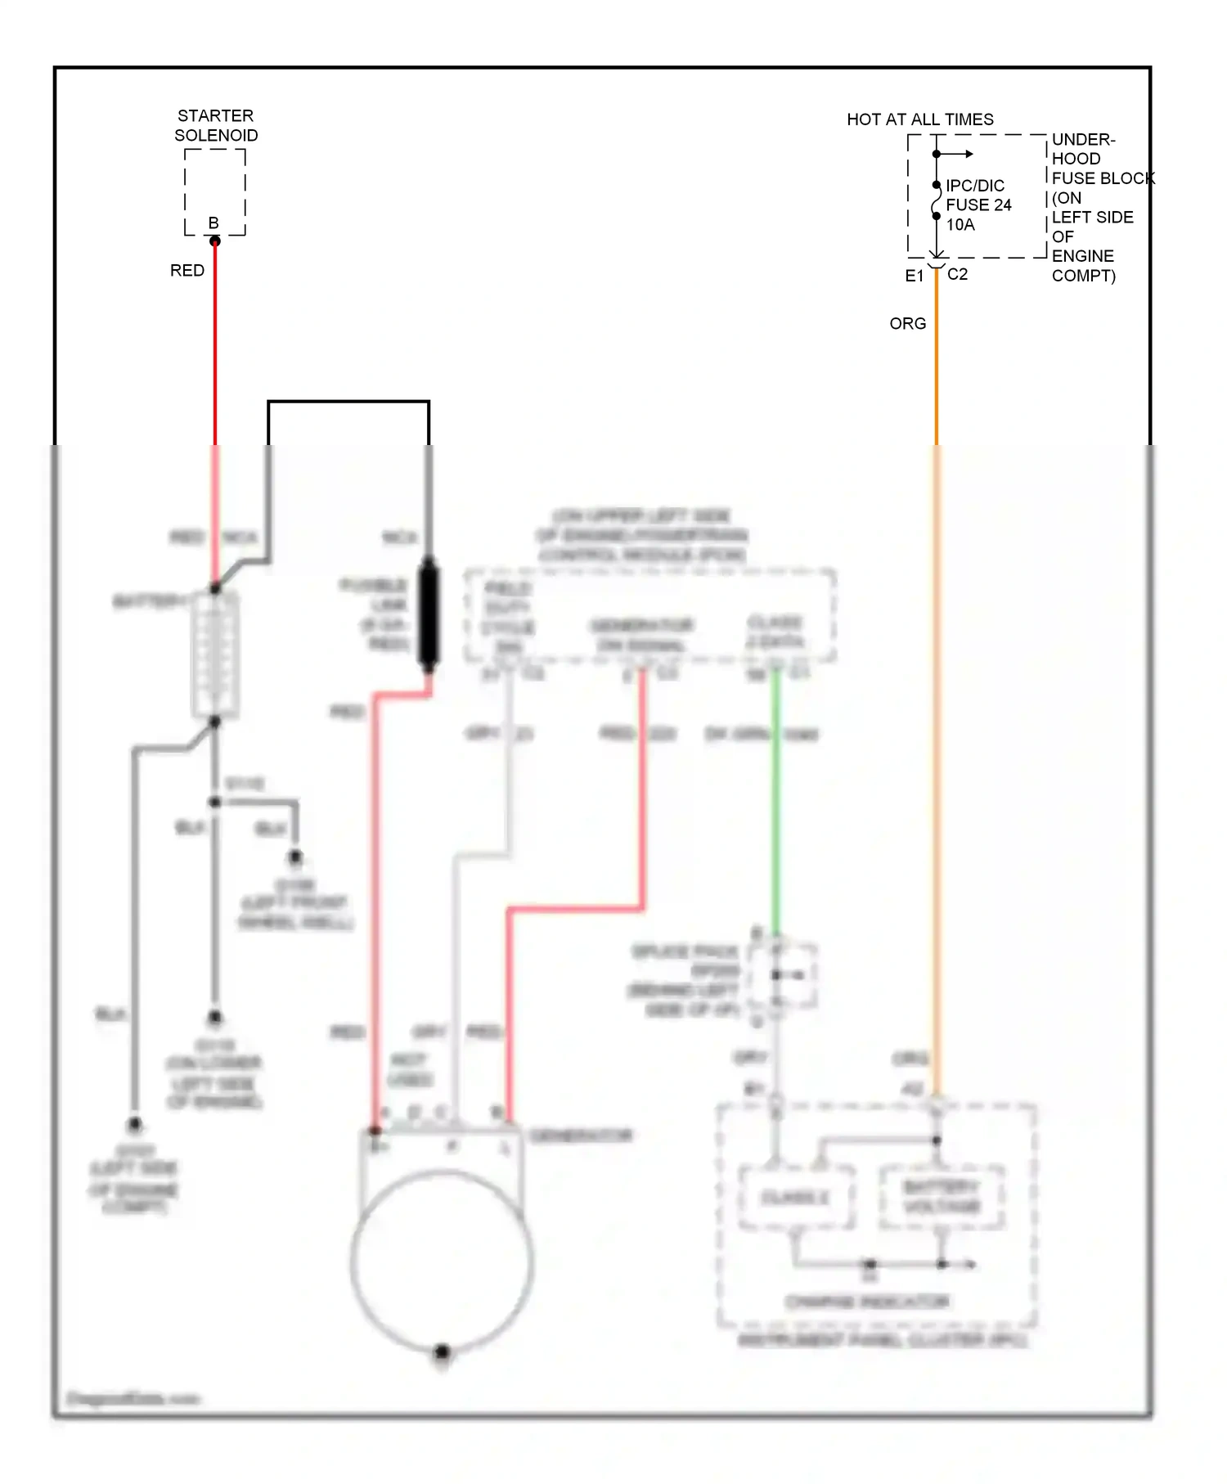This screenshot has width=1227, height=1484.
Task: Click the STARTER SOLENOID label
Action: (x=216, y=125)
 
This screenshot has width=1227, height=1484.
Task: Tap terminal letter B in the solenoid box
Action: (x=213, y=223)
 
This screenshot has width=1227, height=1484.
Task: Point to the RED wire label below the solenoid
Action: (x=187, y=271)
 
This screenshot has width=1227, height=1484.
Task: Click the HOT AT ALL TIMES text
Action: (x=920, y=119)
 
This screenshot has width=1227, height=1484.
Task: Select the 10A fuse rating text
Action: (x=960, y=225)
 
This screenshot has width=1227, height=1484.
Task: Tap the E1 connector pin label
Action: (x=914, y=276)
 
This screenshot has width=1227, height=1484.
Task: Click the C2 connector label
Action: (x=957, y=275)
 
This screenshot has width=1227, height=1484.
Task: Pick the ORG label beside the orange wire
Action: (x=908, y=324)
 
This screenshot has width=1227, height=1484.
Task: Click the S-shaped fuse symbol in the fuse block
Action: (x=937, y=200)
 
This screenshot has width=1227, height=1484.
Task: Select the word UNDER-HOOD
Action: (x=1083, y=149)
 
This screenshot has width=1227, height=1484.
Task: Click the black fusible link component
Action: (x=429, y=612)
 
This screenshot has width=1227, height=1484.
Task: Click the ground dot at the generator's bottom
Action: (x=442, y=1351)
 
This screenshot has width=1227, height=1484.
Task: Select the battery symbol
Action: (x=215, y=654)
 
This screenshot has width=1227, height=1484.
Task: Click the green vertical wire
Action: (x=776, y=802)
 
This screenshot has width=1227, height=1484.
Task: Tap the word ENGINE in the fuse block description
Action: (x=1082, y=256)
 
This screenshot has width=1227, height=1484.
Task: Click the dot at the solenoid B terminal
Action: (x=215, y=241)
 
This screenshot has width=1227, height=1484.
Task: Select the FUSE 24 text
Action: (x=978, y=205)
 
